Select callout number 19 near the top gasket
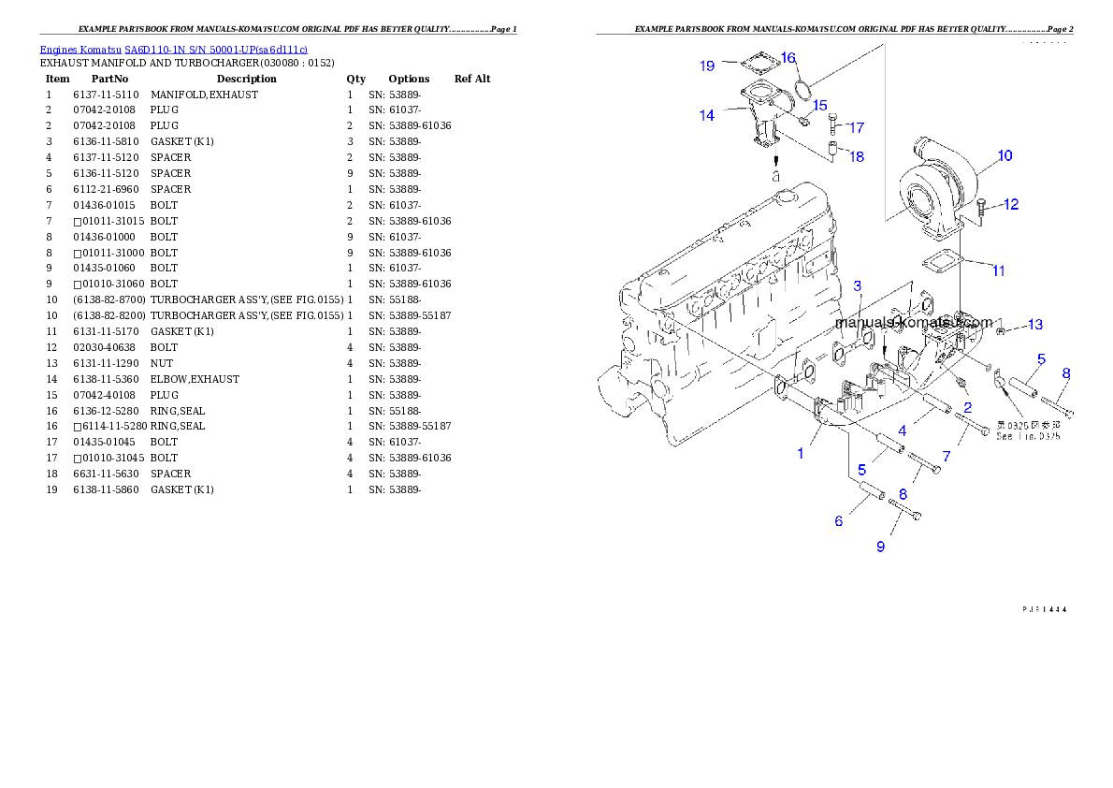point(707,66)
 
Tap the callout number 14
point(707,115)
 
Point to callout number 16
point(788,58)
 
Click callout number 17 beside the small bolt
point(856,127)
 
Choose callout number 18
point(856,156)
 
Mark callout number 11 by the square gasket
point(999,270)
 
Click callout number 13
point(1034,325)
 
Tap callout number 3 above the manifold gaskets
point(857,285)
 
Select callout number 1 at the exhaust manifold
point(801,453)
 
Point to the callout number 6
point(839,520)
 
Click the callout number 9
point(880,547)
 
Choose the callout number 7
point(947,456)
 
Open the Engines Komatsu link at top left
point(173,49)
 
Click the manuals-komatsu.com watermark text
point(914,322)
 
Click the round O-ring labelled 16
point(801,89)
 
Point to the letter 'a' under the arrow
point(775,175)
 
